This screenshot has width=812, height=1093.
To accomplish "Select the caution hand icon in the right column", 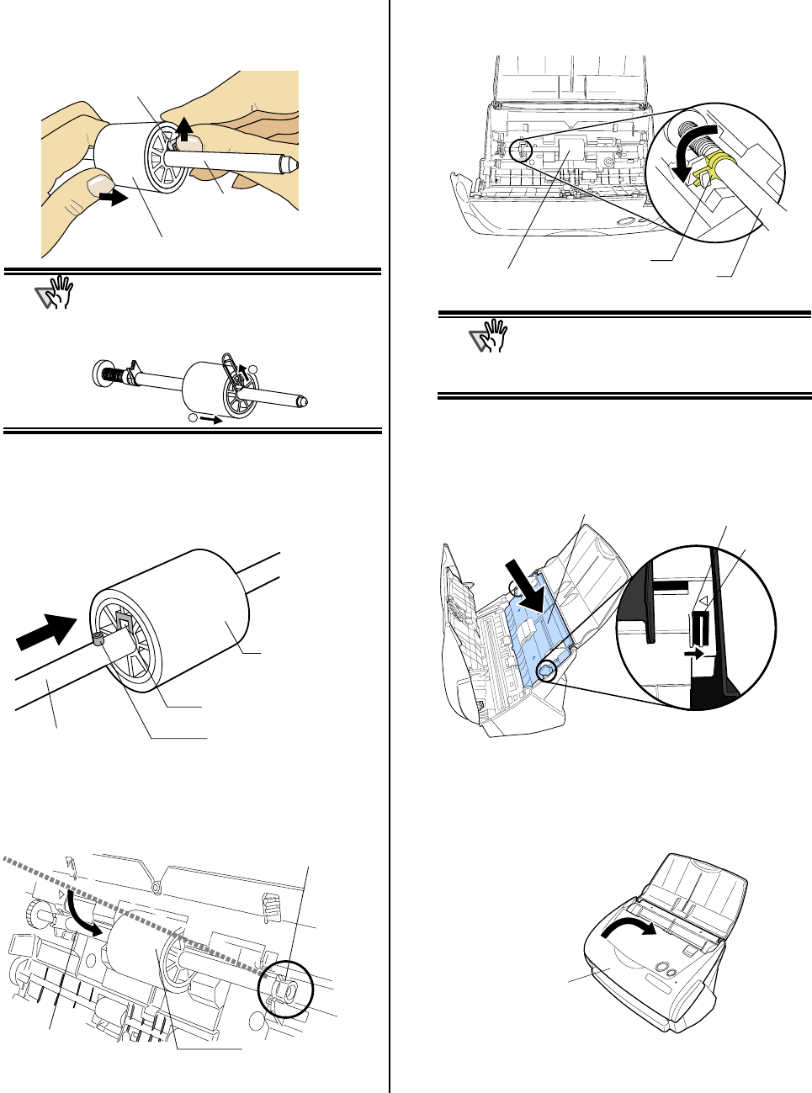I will click(491, 337).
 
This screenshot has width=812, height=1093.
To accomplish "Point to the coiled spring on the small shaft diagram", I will click(110, 374).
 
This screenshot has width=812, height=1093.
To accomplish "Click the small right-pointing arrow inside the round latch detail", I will click(695, 650).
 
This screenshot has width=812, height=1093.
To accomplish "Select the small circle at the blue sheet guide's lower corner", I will click(546, 670).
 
